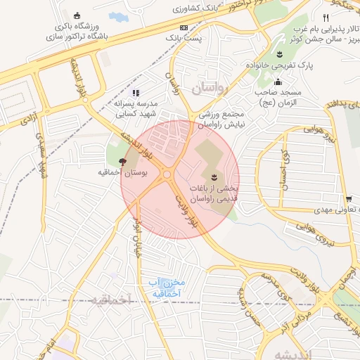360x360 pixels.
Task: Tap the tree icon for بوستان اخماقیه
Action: click(x=124, y=162)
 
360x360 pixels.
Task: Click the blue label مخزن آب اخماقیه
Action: click(x=166, y=287)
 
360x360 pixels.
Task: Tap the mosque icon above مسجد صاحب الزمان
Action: click(x=278, y=82)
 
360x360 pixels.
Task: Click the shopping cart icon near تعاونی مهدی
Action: click(x=349, y=199)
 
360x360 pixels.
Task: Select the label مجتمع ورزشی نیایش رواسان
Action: click(x=211, y=119)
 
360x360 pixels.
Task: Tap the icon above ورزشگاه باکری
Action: click(x=77, y=15)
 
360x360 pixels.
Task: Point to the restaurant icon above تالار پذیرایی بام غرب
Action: click(x=325, y=18)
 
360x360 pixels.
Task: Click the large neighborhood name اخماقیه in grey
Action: click(x=110, y=300)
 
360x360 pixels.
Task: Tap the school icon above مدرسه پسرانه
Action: click(x=136, y=92)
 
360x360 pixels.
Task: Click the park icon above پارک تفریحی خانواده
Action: click(x=279, y=54)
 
